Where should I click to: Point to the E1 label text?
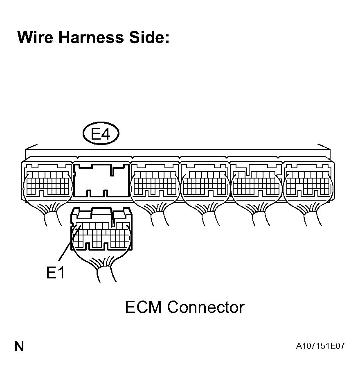pos(56,273)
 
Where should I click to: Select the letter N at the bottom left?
pos(19,347)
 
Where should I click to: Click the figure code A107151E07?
pos(321,346)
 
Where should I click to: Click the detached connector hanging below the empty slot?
pos(101,231)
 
